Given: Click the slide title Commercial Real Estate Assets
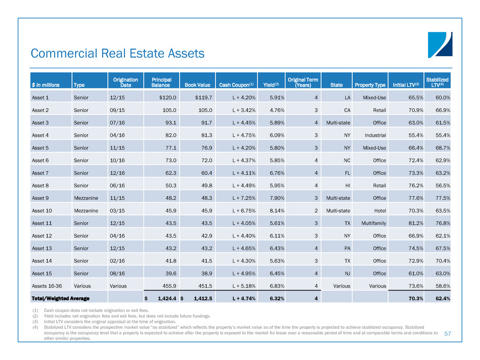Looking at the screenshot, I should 117,53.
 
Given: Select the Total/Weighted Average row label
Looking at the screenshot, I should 60,298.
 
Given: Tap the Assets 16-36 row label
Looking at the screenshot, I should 45,286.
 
